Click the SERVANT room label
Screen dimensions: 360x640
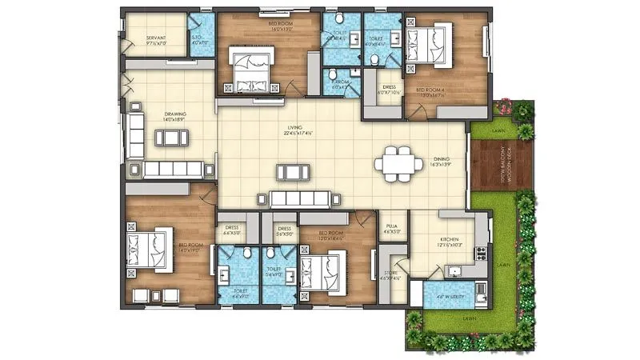156,38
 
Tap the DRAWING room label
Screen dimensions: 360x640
175,114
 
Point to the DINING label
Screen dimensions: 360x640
442,158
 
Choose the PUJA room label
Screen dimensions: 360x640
392,229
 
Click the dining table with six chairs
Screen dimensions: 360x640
399,164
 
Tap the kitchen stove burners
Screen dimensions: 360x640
482,254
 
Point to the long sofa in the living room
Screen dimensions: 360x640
300,198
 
